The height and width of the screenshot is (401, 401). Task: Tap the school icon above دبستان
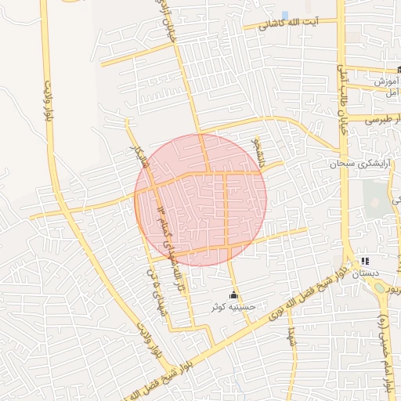coord(364,261)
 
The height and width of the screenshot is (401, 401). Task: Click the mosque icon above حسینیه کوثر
coord(233,295)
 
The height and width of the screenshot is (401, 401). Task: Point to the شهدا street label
coord(290,339)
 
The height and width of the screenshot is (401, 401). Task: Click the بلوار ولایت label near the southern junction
coord(149,341)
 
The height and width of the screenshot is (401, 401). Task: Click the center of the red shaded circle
coord(201,199)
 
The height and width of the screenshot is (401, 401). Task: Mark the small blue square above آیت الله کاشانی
coord(284,15)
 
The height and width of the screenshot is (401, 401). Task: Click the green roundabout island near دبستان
coord(380,287)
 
